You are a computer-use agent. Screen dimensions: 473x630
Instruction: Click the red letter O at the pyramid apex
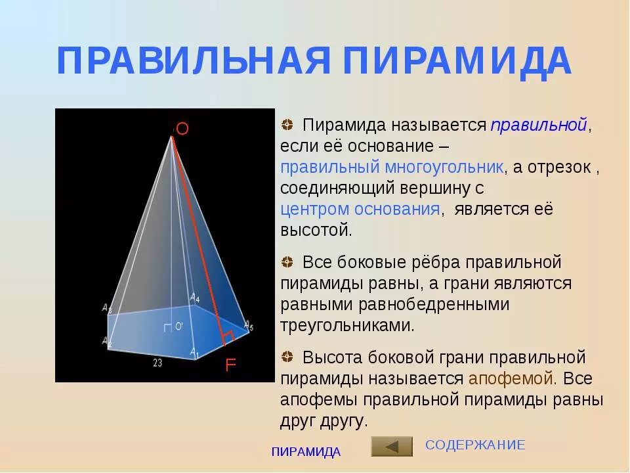tap(182, 129)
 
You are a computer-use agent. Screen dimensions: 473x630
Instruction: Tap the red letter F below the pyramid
tap(230, 365)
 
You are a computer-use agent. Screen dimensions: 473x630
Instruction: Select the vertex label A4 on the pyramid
tap(195, 298)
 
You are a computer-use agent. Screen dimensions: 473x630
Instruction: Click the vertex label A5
tap(248, 324)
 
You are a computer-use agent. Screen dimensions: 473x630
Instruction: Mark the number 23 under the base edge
tap(157, 362)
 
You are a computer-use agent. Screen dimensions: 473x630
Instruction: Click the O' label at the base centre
tap(178, 327)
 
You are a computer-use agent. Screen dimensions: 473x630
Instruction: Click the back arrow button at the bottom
tap(392, 446)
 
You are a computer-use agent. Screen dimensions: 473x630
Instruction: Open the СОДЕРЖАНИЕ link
tap(475, 445)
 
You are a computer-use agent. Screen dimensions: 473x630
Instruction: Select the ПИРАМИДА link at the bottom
tap(306, 451)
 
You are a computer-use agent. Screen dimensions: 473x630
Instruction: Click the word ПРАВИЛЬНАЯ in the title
tap(193, 61)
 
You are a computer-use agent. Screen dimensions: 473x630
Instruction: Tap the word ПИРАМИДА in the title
tap(457, 61)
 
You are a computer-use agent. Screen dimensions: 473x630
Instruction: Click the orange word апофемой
tap(512, 379)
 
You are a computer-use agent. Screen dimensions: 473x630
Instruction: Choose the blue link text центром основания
tap(360, 210)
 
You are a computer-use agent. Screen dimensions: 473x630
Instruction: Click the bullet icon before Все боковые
tap(287, 263)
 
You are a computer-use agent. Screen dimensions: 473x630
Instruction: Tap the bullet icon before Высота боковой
tap(287, 358)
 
